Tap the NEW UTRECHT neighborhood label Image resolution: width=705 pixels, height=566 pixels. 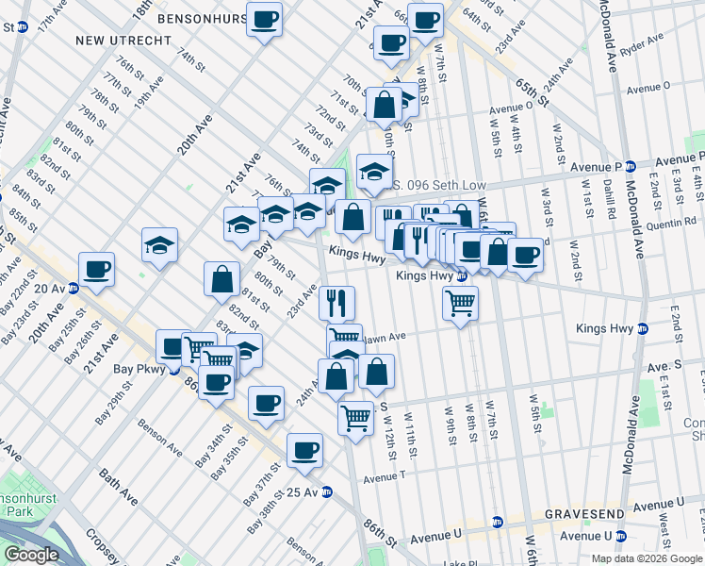click(x=123, y=41)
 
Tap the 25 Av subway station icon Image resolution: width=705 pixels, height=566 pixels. click(x=327, y=492)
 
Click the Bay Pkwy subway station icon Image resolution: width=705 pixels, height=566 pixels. click(x=175, y=370)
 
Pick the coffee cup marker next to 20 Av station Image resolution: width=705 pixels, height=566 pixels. click(x=97, y=270)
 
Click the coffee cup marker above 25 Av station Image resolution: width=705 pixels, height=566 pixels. click(x=303, y=450)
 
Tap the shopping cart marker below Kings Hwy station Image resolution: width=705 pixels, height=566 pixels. click(x=460, y=303)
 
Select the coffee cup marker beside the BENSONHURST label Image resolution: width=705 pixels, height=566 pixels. click(x=264, y=19)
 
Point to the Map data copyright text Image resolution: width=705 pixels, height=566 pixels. click(x=647, y=558)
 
